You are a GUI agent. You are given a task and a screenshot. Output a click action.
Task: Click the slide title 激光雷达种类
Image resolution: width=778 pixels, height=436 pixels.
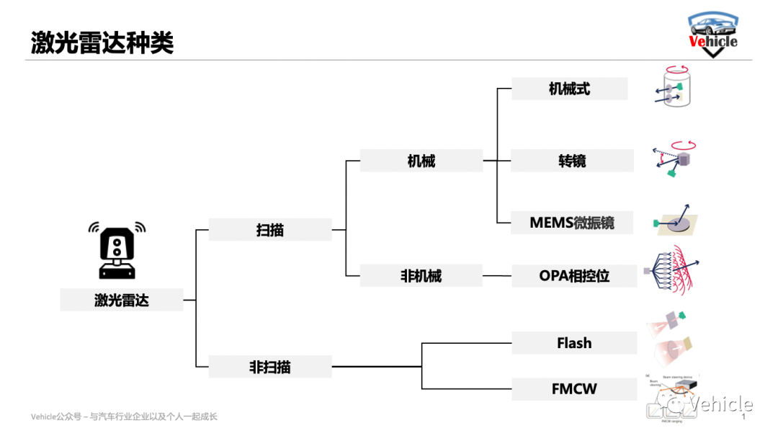pyautogui.click(x=102, y=43)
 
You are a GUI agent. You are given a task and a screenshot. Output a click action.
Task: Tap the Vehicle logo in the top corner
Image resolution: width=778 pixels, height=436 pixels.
pyautogui.click(x=712, y=35)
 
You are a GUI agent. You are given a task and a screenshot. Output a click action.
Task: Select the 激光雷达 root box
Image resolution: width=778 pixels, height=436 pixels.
pyautogui.click(x=121, y=300)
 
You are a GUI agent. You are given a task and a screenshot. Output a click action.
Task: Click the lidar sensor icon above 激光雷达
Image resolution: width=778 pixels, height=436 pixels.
pyautogui.click(x=117, y=248)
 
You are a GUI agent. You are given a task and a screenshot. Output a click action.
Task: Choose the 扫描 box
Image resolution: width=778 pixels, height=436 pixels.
pyautogui.click(x=270, y=230)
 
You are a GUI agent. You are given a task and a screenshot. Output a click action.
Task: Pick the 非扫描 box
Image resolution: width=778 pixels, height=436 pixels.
pyautogui.click(x=270, y=367)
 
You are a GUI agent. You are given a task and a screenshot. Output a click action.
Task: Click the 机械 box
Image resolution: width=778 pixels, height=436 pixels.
pyautogui.click(x=421, y=161)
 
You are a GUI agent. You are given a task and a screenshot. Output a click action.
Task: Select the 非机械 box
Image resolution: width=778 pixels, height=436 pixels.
pyautogui.click(x=421, y=276)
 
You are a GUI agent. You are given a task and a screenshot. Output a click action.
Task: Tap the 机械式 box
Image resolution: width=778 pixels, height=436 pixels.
pyautogui.click(x=569, y=89)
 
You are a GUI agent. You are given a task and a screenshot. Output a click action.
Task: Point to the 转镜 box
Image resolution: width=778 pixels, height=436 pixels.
pyautogui.click(x=572, y=161)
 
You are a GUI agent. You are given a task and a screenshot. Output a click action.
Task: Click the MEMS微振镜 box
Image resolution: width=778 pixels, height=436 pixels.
pyautogui.click(x=572, y=223)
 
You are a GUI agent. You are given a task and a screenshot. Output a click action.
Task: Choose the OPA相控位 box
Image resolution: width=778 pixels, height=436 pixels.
pyautogui.click(x=574, y=276)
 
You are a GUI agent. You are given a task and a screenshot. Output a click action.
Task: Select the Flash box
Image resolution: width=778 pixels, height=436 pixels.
pyautogui.click(x=574, y=343)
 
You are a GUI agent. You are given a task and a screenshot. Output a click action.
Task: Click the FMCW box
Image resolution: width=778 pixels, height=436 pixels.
pyautogui.click(x=574, y=389)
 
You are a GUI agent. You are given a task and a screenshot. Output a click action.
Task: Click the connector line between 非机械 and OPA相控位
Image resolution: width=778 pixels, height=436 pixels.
pyautogui.click(x=497, y=276)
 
